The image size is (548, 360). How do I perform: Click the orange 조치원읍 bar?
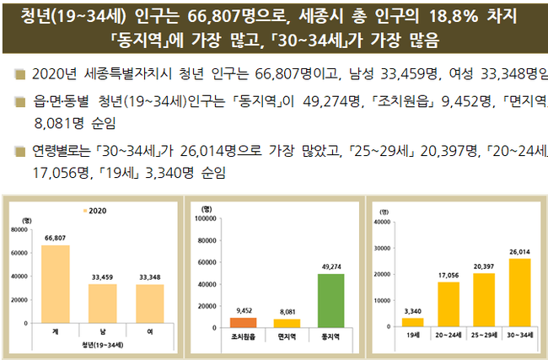coord(244,322)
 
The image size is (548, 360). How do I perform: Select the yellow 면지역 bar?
coord(287,323)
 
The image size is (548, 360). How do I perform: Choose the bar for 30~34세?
coord(519,293)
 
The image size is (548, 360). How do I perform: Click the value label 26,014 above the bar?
coord(519,251)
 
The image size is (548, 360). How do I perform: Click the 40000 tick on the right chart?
coord(380,223)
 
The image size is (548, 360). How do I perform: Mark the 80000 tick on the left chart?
coord(19,228)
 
